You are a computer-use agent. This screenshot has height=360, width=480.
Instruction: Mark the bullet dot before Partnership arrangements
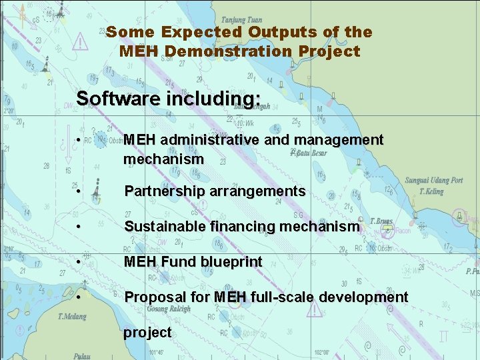[79, 192]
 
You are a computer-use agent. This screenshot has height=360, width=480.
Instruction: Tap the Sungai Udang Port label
[433, 181]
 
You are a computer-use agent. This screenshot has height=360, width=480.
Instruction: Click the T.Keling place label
[431, 191]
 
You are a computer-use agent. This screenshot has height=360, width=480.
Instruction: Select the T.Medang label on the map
[71, 317]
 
